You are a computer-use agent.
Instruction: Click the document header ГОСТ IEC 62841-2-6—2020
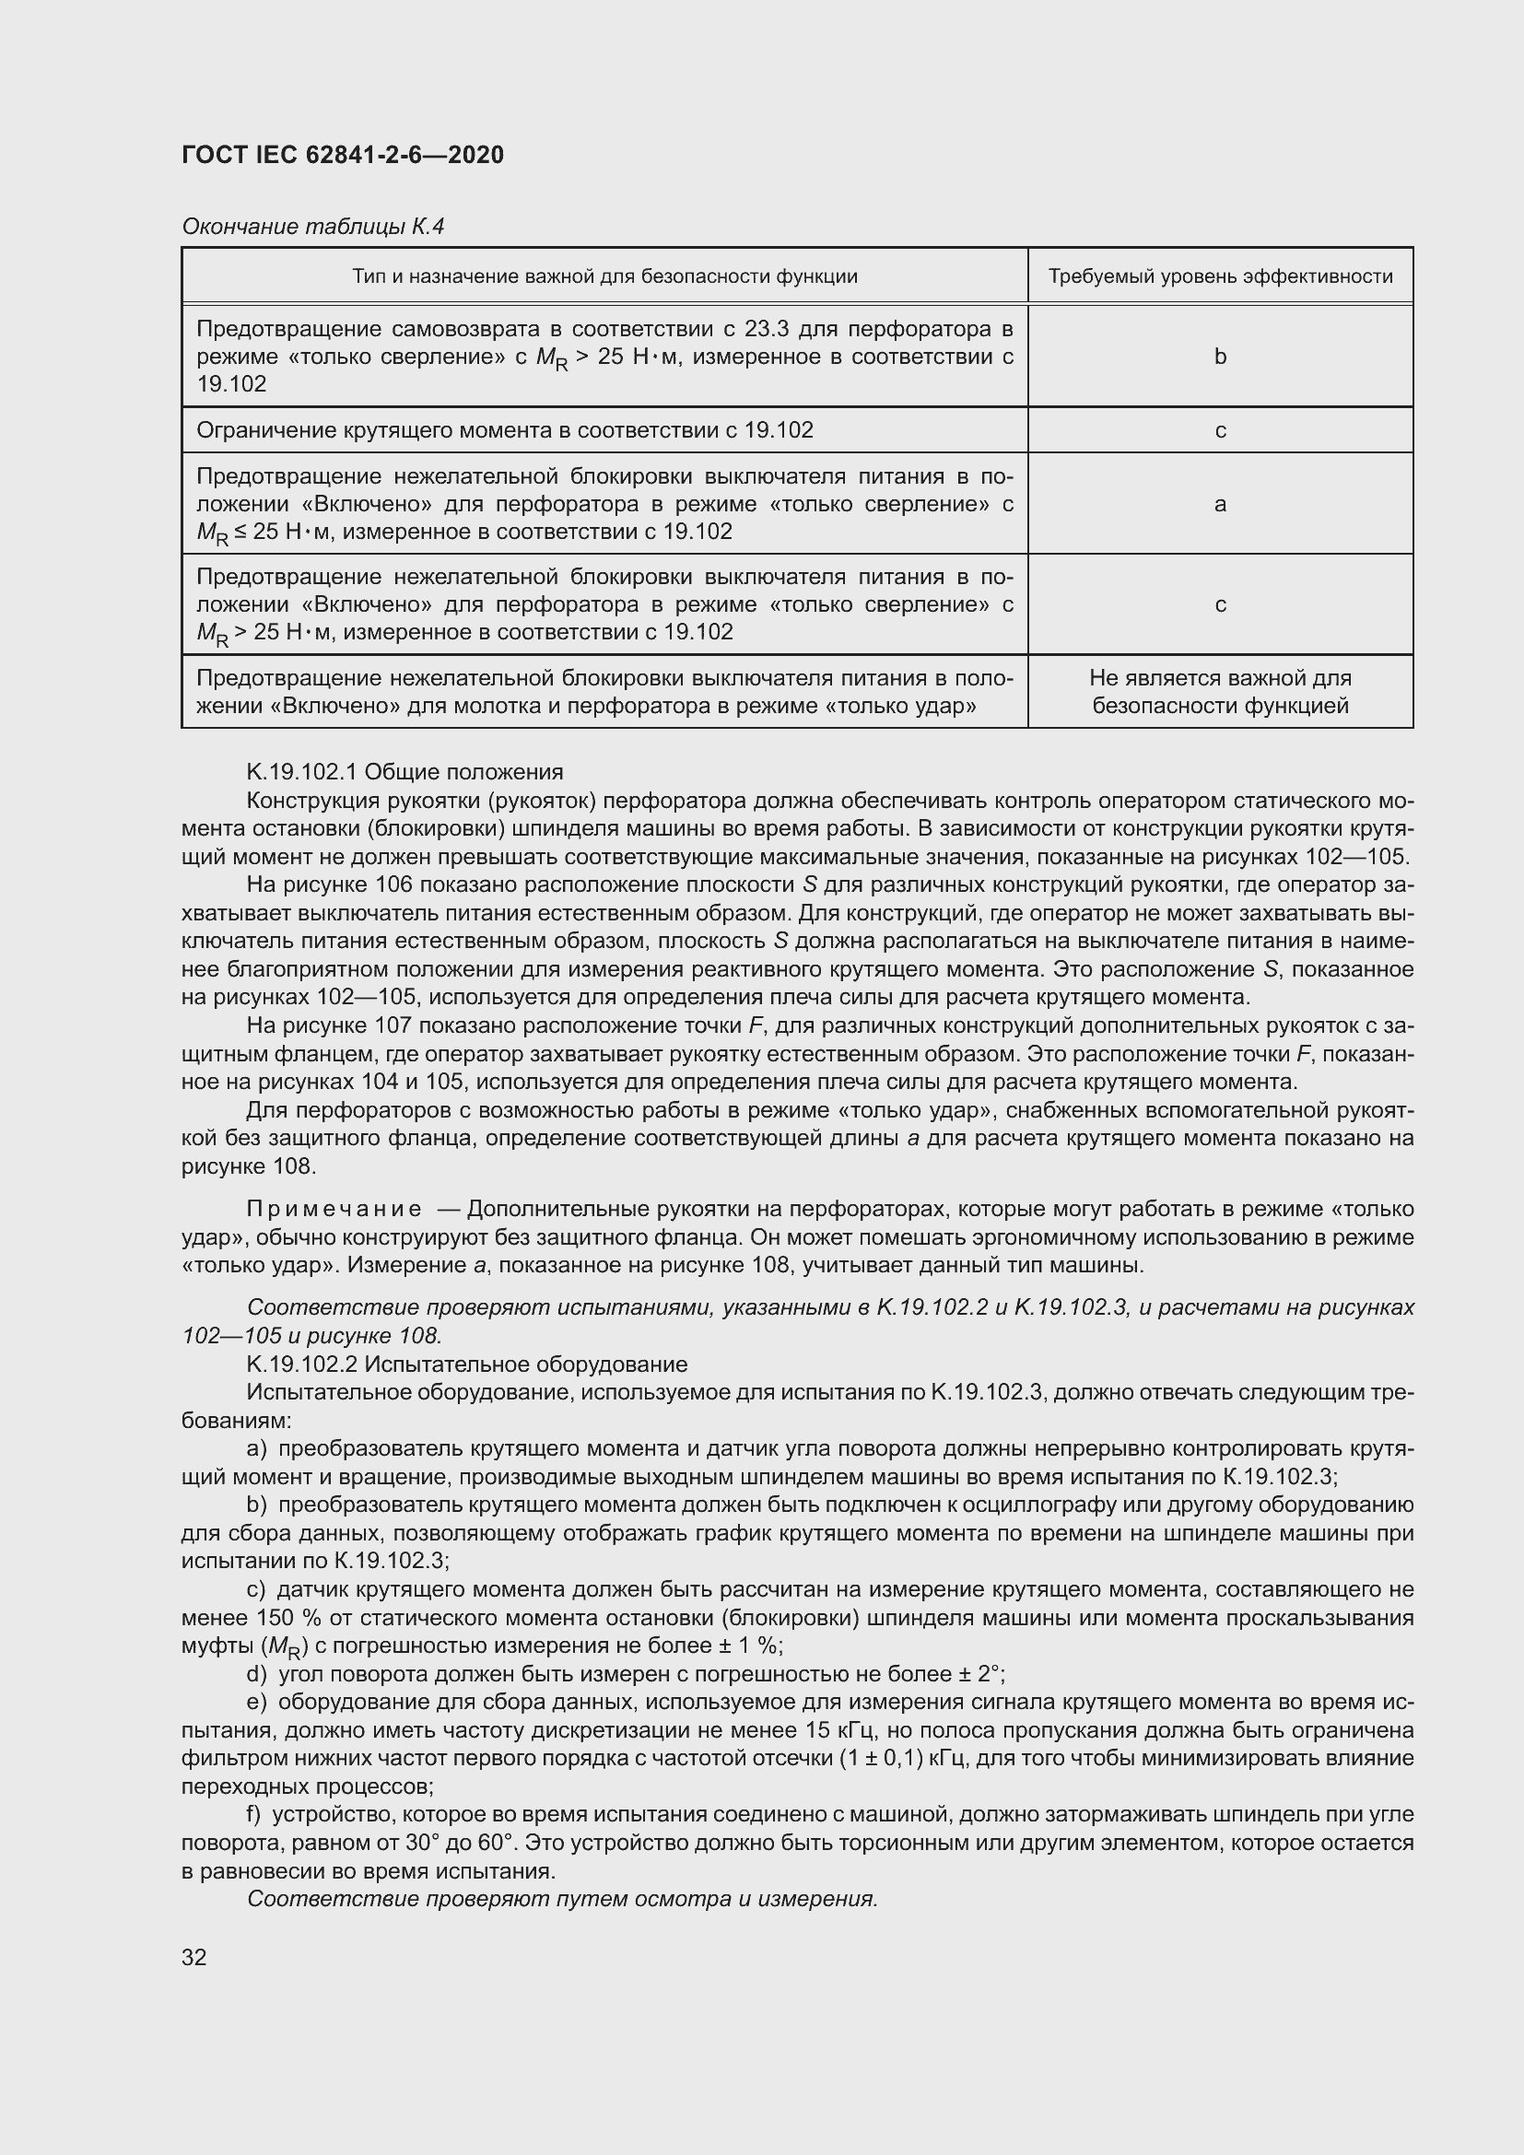(x=343, y=155)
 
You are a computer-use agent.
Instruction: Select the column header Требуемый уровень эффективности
(x=1220, y=277)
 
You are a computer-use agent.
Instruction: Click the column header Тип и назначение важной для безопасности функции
(x=604, y=277)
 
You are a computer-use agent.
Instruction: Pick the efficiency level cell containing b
(x=1220, y=357)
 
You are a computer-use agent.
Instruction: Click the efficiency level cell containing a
(x=1220, y=505)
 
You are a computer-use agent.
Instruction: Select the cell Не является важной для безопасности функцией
(x=1220, y=692)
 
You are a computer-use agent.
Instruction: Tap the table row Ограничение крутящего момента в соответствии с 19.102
(x=505, y=431)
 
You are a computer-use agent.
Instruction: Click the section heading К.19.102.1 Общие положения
(x=404, y=772)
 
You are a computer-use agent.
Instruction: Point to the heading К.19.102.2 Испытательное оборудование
(x=466, y=1364)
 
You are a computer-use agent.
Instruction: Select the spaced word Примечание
(x=334, y=1210)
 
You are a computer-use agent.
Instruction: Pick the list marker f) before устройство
(x=254, y=1815)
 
